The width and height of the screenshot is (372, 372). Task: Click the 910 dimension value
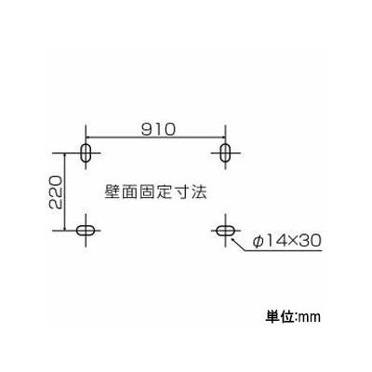[x=158, y=129]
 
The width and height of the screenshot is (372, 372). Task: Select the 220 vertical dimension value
[x=57, y=193]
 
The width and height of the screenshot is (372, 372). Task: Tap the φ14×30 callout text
[x=286, y=241]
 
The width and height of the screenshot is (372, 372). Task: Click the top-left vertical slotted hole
[x=86, y=153]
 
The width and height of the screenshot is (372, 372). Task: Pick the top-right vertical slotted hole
[x=225, y=153]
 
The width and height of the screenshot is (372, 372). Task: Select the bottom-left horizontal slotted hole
[x=86, y=231]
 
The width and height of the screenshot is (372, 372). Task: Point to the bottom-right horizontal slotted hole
[x=225, y=231]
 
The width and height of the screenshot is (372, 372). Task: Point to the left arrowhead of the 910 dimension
[x=88, y=137]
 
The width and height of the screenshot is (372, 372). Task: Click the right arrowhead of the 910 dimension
[x=221, y=137]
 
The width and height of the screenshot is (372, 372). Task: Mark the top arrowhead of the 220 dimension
[x=64, y=156]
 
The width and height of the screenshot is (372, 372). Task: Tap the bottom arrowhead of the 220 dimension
[x=64, y=227]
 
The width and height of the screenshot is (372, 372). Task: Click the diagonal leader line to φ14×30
[x=238, y=244]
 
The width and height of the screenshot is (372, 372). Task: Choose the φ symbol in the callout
[x=258, y=241]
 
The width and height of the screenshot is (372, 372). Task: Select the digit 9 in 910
[x=147, y=129]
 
